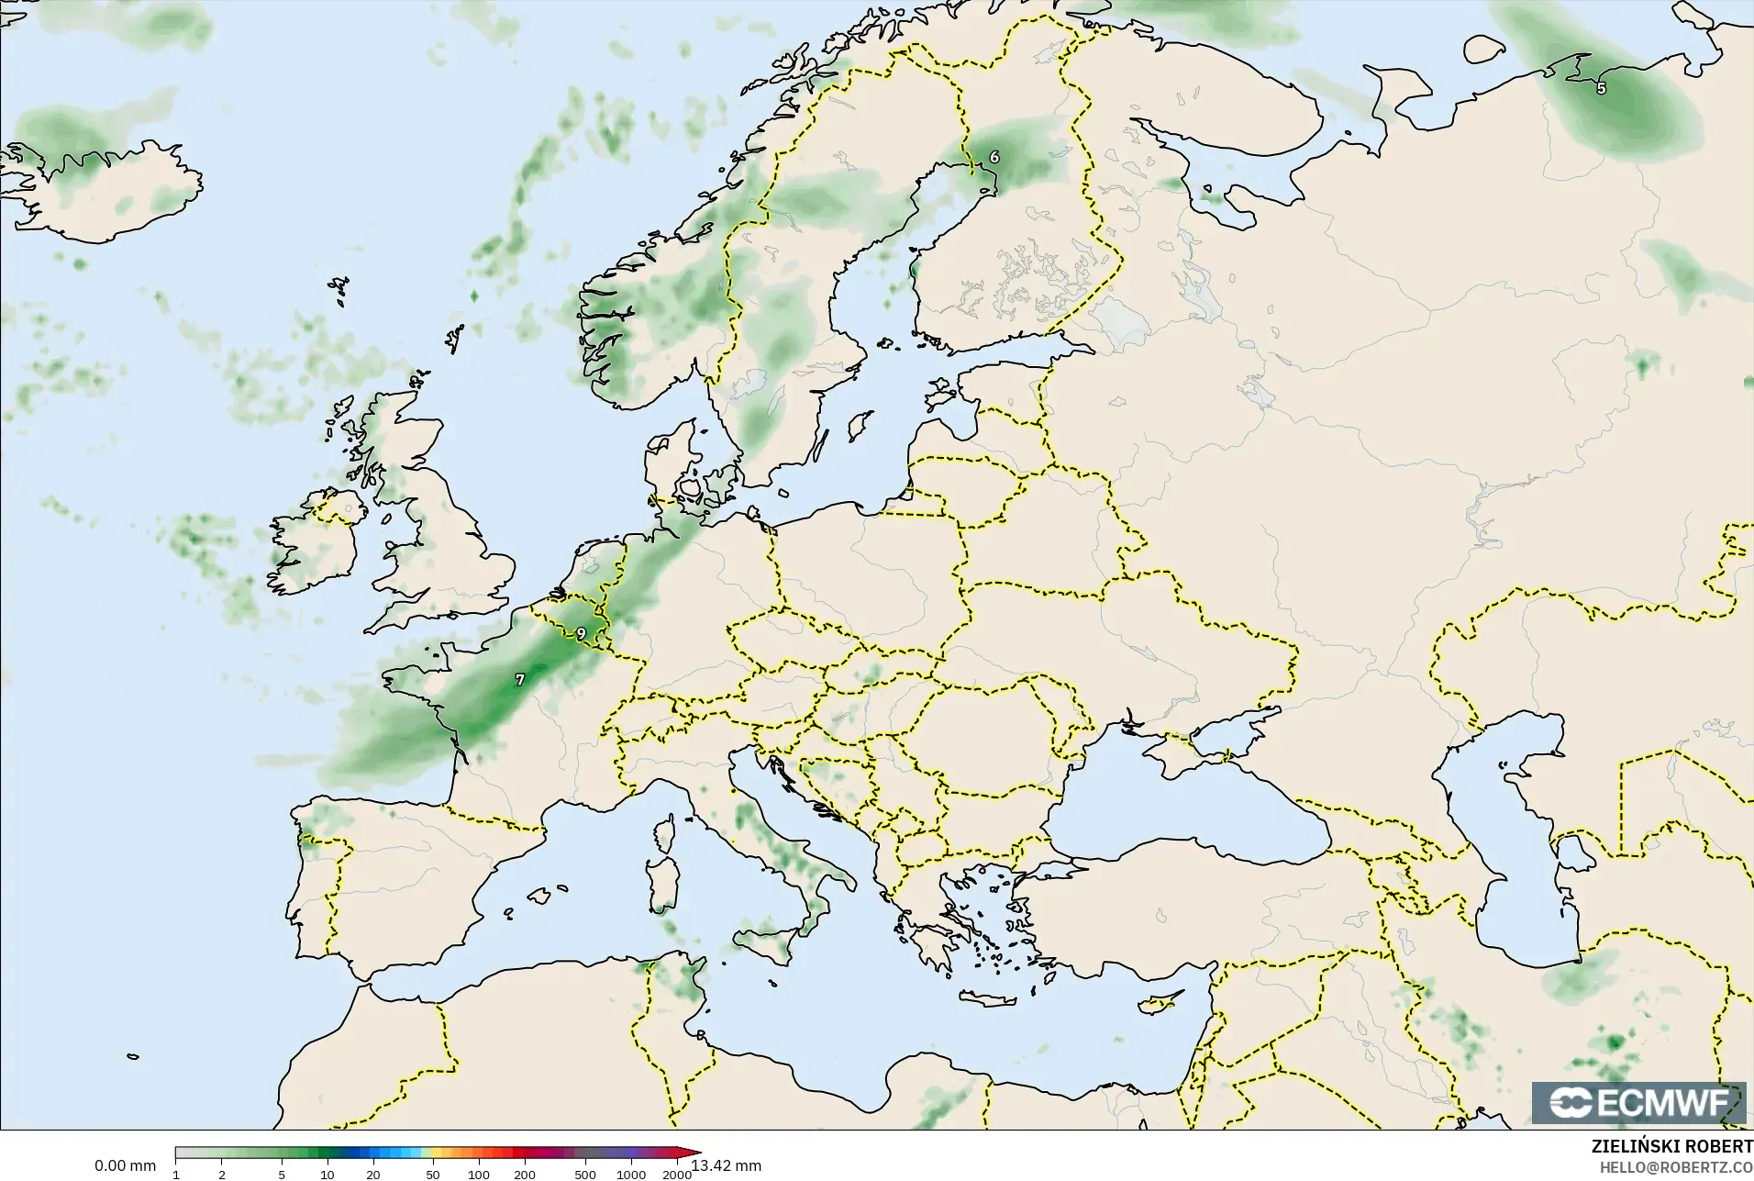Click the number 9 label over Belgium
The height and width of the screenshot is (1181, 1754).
coord(581,633)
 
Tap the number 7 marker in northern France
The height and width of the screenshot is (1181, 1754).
coord(520,680)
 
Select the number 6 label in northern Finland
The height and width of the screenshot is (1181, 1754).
coord(994,157)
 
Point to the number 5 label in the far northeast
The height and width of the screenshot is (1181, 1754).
coord(1602,89)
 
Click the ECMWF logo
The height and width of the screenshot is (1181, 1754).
coord(1638,1102)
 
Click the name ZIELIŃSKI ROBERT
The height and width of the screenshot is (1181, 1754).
coord(1671,1148)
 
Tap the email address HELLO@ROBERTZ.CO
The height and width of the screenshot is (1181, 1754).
coord(1677,1167)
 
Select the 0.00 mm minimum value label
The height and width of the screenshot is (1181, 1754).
coord(125,1165)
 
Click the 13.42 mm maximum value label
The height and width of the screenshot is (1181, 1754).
coord(727,1165)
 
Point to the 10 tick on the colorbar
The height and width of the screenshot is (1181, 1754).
coord(327,1174)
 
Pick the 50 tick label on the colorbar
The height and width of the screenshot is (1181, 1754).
coord(432,1174)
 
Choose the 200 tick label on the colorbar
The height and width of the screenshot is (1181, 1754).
coord(524,1174)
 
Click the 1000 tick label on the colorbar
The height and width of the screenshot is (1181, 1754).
coord(631,1174)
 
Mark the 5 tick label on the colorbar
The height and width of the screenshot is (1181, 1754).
coord(282,1174)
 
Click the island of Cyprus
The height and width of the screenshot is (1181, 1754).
coord(1157,1004)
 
